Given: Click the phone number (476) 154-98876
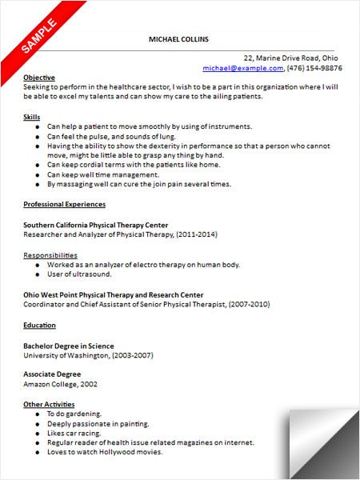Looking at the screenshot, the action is click(308, 69).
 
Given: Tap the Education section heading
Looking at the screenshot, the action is click(40, 325).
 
